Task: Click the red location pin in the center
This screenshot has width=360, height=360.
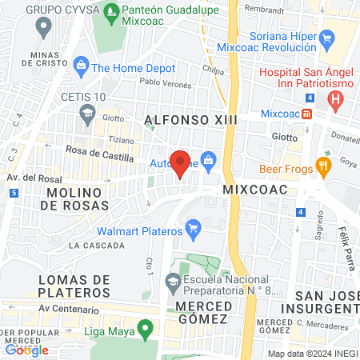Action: click(x=181, y=162)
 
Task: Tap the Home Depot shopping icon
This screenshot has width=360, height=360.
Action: click(x=80, y=64)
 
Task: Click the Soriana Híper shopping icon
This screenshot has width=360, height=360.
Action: click(x=326, y=38)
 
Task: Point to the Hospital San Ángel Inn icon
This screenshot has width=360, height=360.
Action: click(x=335, y=100)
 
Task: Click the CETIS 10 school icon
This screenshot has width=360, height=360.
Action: click(x=85, y=114)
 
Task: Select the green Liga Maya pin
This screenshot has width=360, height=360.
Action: click(x=145, y=328)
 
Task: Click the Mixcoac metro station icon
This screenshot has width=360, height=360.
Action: click(x=307, y=114)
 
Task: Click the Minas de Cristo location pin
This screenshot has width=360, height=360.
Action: click(x=44, y=27)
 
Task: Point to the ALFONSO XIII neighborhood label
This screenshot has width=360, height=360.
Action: click(x=182, y=120)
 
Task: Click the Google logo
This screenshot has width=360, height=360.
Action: click(x=26, y=350)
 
